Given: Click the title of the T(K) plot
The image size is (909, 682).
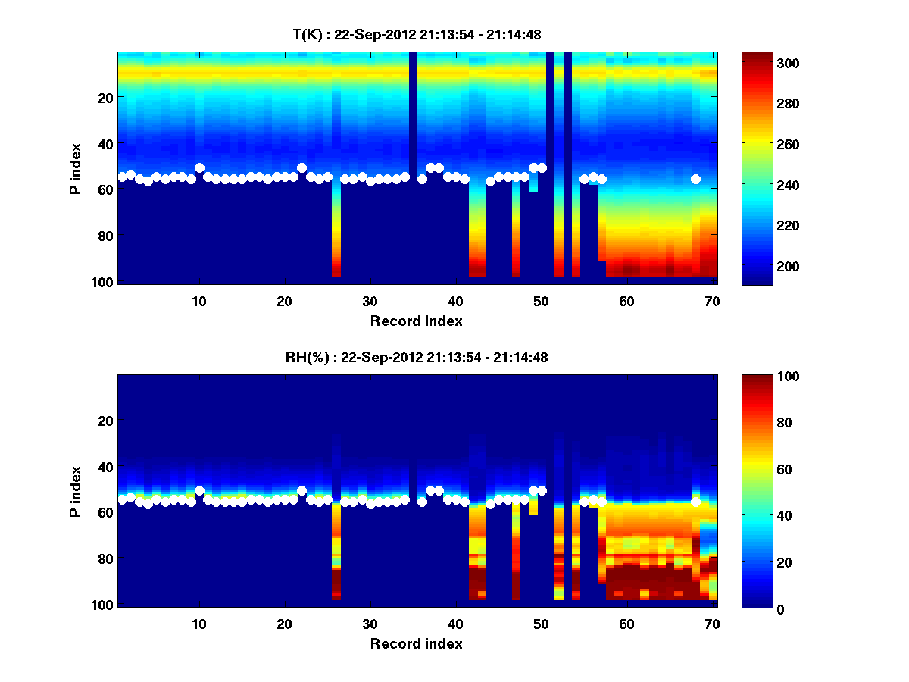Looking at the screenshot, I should pyautogui.click(x=417, y=34).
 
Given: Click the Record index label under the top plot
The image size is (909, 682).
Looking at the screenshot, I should pyautogui.click(x=416, y=321).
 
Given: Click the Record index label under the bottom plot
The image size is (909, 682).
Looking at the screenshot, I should pyautogui.click(x=416, y=643).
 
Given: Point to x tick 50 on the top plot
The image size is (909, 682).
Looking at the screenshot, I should pyautogui.click(x=540, y=301).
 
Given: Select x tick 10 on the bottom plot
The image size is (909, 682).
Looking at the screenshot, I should pyautogui.click(x=198, y=624).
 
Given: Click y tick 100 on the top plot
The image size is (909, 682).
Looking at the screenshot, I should pyautogui.click(x=105, y=282).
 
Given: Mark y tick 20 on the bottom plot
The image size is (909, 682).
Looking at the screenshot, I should pyautogui.click(x=105, y=421).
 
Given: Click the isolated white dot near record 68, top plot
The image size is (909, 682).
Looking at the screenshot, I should pyautogui.click(x=695, y=180).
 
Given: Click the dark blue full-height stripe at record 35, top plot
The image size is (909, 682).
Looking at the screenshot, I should pyautogui.click(x=413, y=114).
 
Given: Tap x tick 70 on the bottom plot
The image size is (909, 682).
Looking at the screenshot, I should pyautogui.click(x=711, y=624).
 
